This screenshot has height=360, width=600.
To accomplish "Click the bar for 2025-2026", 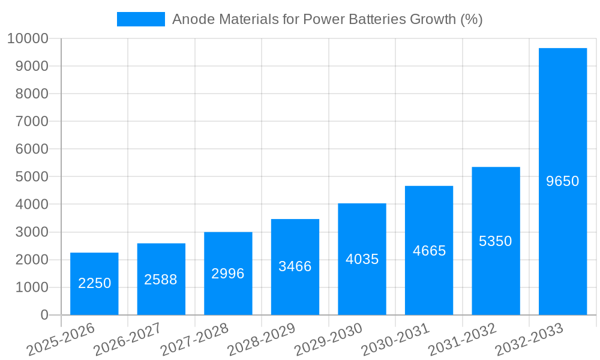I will pos(94,284).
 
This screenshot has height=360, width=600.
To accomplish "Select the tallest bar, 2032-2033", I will pos(563,181).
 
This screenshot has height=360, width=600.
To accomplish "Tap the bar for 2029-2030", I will pos(362,259).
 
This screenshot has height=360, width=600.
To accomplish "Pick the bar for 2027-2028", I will pos(228,274).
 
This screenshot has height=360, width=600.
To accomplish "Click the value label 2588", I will pos(161,280).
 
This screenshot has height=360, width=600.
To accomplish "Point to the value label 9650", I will pos(563,181).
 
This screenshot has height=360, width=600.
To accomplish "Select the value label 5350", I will pos(496,241).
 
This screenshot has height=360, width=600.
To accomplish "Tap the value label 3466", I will pos(295,266).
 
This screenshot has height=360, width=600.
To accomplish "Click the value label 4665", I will pos(429,251).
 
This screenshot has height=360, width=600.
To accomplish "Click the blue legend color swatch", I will pos(141,19).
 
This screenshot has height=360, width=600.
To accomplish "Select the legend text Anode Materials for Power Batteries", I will pos(327,19).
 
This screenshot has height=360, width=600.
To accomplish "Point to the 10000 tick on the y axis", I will pos(28,39).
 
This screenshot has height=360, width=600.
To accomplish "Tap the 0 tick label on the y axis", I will pos(44,315).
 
